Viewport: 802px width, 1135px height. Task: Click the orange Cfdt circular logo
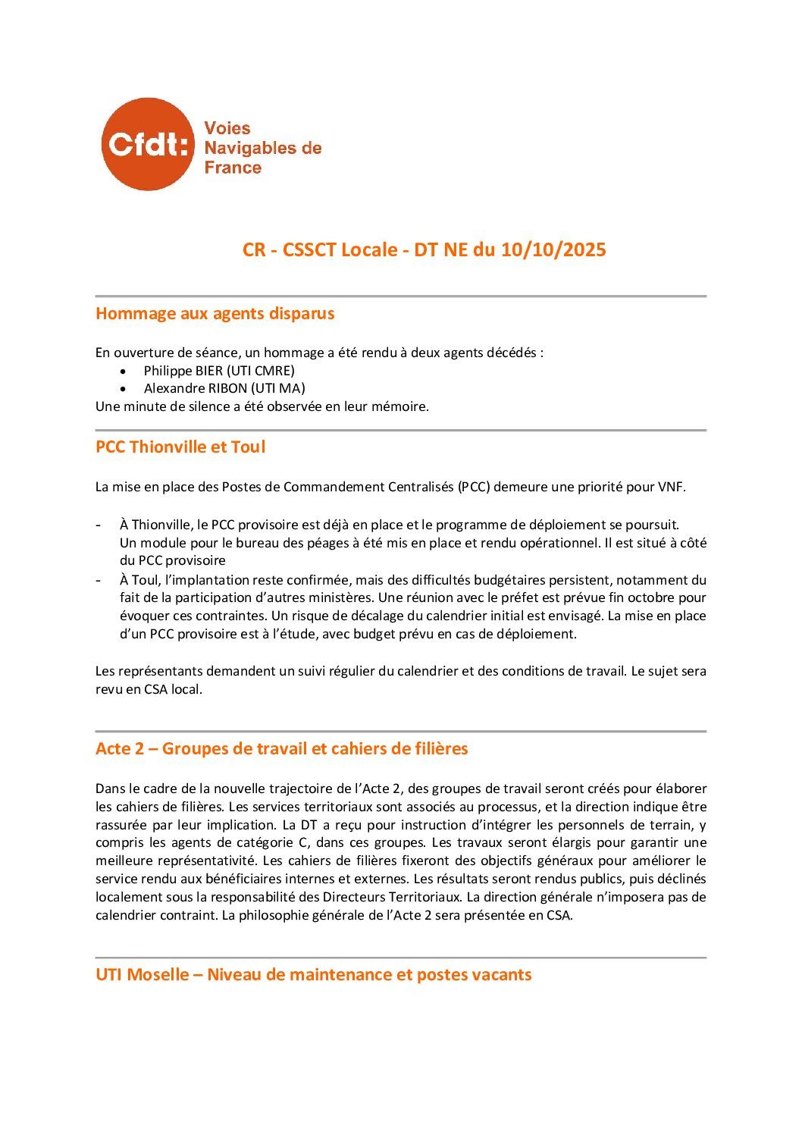pyautogui.click(x=147, y=144)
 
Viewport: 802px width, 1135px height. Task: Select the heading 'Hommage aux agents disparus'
pyautogui.click(x=215, y=313)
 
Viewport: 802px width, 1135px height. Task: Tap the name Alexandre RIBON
pyautogui.click(x=192, y=388)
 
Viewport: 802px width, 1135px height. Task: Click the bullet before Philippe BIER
pyautogui.click(x=124, y=371)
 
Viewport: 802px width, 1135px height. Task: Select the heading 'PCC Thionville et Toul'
pyautogui.click(x=180, y=447)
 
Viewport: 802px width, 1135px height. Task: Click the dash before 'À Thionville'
pyautogui.click(x=99, y=525)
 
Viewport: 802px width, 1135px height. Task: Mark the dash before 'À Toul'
pyautogui.click(x=99, y=580)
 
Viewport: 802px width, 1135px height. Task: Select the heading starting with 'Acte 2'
pyautogui.click(x=281, y=748)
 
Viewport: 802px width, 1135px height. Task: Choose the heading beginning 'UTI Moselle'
pyautogui.click(x=313, y=974)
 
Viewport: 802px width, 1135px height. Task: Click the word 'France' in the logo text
pyautogui.click(x=233, y=168)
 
